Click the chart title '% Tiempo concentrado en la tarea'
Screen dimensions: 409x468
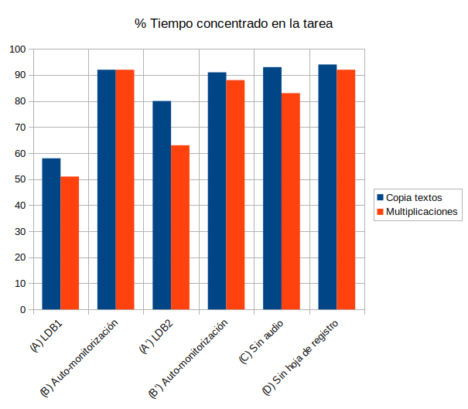tap(234, 24)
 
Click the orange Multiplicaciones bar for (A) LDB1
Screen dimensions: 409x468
tap(70, 243)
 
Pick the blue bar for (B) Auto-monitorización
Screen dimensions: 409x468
tap(106, 189)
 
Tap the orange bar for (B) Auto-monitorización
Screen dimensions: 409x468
tap(125, 189)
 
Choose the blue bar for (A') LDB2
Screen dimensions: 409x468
tap(162, 205)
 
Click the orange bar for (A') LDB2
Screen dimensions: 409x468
tap(180, 227)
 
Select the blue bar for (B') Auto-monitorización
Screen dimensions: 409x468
tap(217, 191)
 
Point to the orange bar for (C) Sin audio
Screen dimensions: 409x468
tap(290, 201)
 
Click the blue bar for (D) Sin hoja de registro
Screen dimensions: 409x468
tap(327, 187)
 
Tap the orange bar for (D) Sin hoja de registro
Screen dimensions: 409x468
tap(346, 189)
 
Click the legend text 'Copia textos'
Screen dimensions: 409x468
tap(414, 197)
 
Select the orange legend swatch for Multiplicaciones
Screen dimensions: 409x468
tap(380, 211)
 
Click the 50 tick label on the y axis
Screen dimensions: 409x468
tap(20, 179)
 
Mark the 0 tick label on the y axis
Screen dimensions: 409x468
tap(23, 310)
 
